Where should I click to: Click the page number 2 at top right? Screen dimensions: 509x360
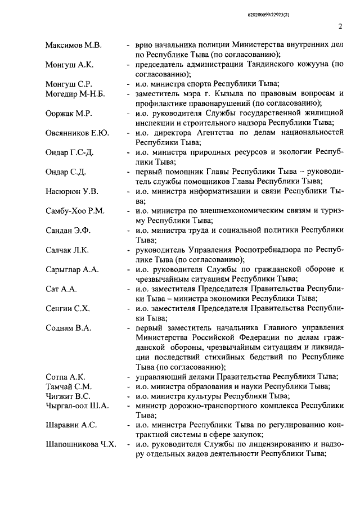tap(341, 26)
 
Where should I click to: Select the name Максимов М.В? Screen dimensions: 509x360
tap(72, 44)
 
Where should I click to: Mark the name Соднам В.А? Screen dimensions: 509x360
tap(68, 327)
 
